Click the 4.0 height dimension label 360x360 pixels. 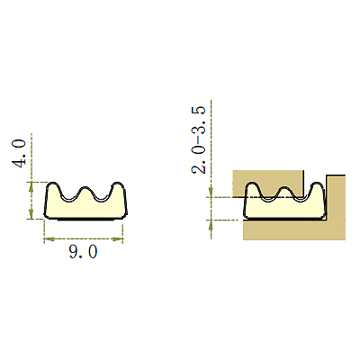coord(19,153)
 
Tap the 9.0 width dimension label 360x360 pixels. coord(83,252)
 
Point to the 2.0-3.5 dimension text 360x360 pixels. coord(199,140)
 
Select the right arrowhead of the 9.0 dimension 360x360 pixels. coord(118,239)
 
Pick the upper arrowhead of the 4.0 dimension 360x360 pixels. coord(31,187)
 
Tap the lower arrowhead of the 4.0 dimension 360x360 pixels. coord(31,213)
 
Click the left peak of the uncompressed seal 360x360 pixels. coord(53,183)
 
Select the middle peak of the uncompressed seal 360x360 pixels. coord(85,187)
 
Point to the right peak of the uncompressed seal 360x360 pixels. coord(117,183)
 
